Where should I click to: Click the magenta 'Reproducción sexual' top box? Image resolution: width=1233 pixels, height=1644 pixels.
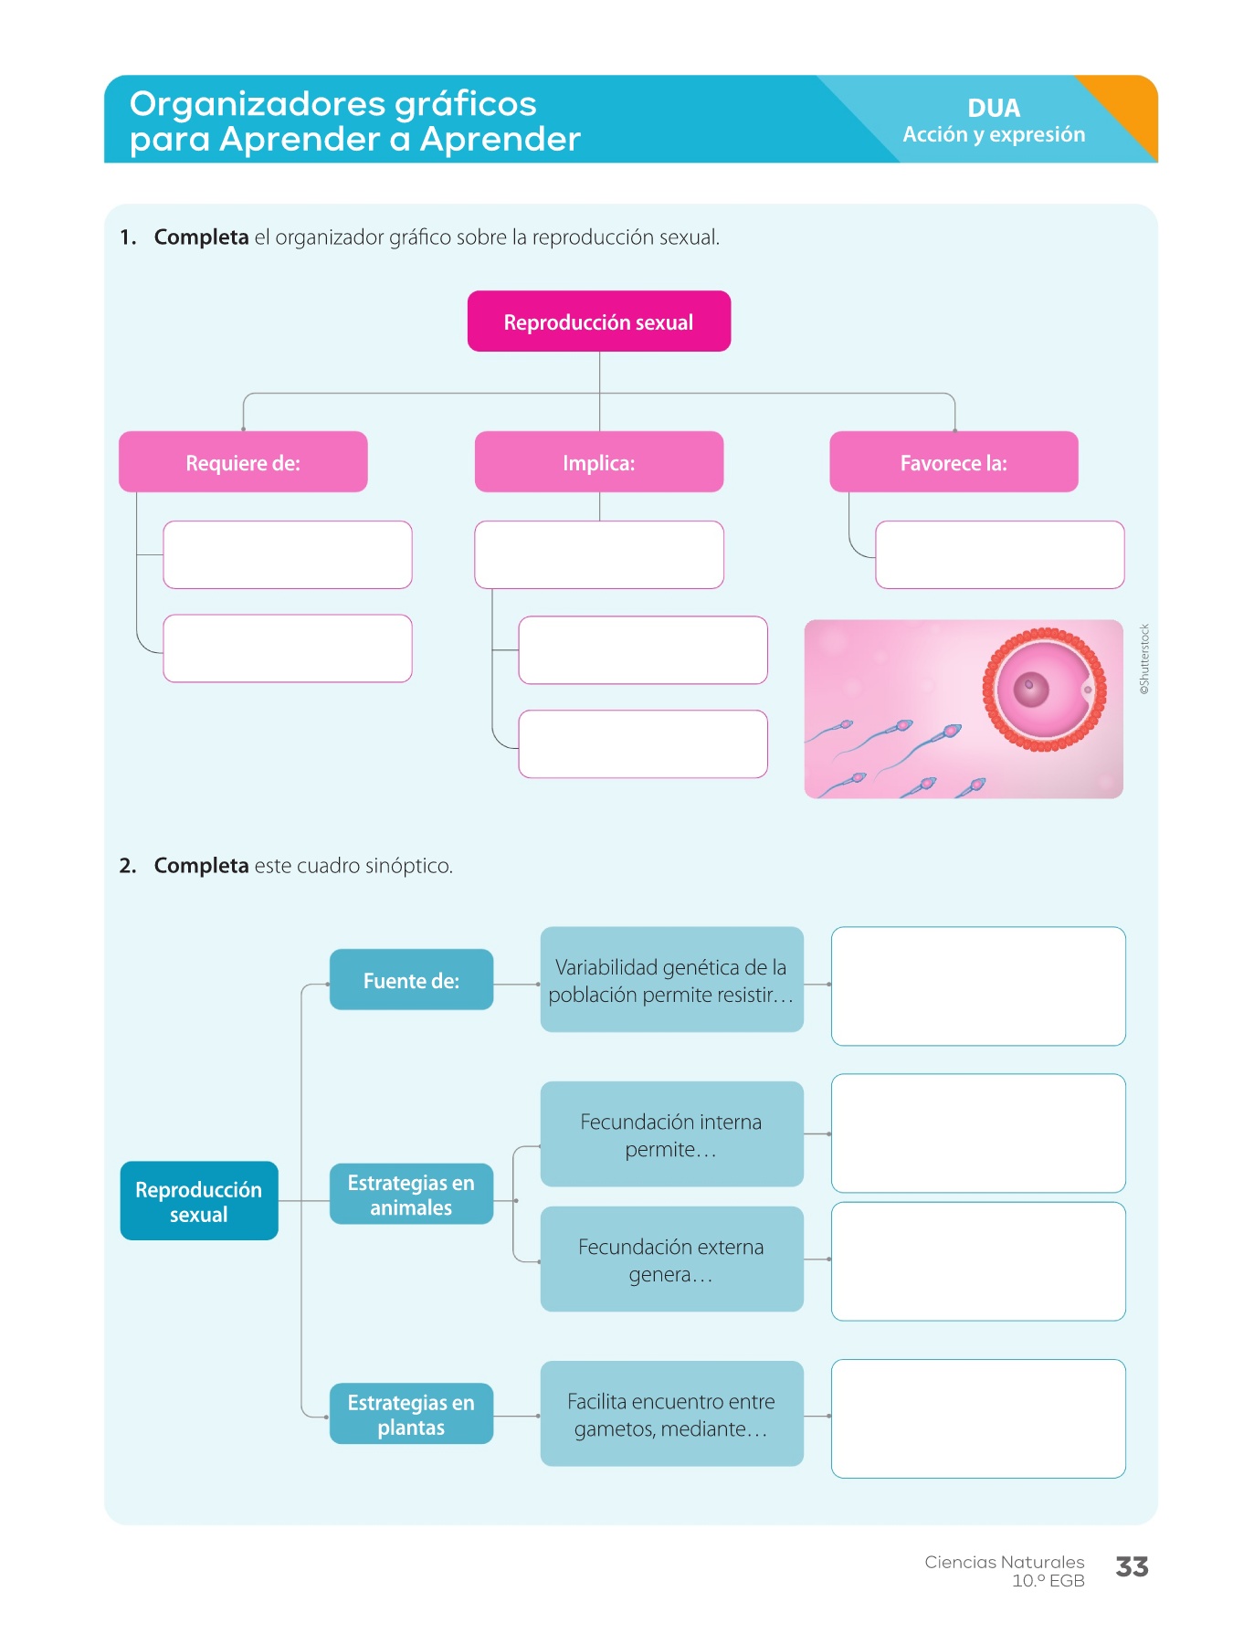click(x=598, y=321)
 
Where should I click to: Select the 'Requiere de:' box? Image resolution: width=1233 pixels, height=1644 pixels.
click(x=243, y=462)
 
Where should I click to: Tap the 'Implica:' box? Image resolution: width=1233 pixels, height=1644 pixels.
click(x=598, y=462)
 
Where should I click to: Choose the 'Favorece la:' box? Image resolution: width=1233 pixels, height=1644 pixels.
click(x=954, y=462)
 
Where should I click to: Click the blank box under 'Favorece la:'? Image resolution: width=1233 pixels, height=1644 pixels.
click(x=999, y=554)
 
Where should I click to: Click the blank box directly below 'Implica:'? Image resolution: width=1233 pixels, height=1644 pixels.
click(x=598, y=554)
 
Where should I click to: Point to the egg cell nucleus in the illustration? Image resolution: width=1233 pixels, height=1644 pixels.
click(x=1030, y=685)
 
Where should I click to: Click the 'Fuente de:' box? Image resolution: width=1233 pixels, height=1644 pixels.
click(x=411, y=980)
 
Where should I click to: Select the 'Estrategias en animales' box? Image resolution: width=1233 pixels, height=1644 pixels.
click(x=411, y=1195)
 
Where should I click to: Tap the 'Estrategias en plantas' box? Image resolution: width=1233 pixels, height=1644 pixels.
click(x=411, y=1414)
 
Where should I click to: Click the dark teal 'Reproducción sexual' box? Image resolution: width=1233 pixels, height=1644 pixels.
click(x=199, y=1201)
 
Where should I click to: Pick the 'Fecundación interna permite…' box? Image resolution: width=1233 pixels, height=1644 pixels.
click(x=671, y=1134)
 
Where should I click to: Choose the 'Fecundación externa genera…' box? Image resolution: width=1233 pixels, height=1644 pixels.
click(x=671, y=1259)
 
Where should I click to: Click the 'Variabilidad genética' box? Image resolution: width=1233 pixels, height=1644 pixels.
click(x=671, y=980)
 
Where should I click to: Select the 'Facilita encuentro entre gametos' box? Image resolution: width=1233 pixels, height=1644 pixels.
click(x=671, y=1414)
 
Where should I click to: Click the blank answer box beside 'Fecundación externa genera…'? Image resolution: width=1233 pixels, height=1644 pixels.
click(x=978, y=1261)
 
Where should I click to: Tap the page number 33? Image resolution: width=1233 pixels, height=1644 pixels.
click(x=1132, y=1567)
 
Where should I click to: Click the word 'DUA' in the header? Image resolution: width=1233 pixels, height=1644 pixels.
click(x=994, y=108)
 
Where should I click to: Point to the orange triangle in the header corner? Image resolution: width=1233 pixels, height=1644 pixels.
click(x=1130, y=105)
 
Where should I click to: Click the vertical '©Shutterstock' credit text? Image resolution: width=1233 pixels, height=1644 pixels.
click(x=1144, y=659)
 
